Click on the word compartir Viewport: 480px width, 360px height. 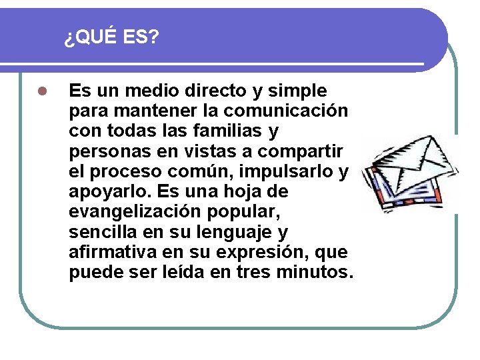point(303,151)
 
